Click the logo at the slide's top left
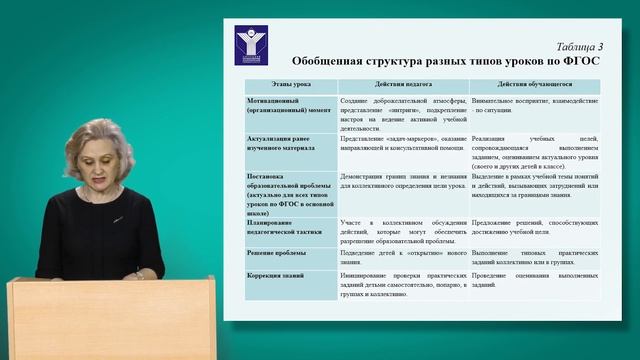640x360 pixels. [247, 47]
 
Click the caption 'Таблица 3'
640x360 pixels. [578, 46]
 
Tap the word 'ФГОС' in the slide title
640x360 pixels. [579, 61]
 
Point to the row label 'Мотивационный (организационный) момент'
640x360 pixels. [283, 107]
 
